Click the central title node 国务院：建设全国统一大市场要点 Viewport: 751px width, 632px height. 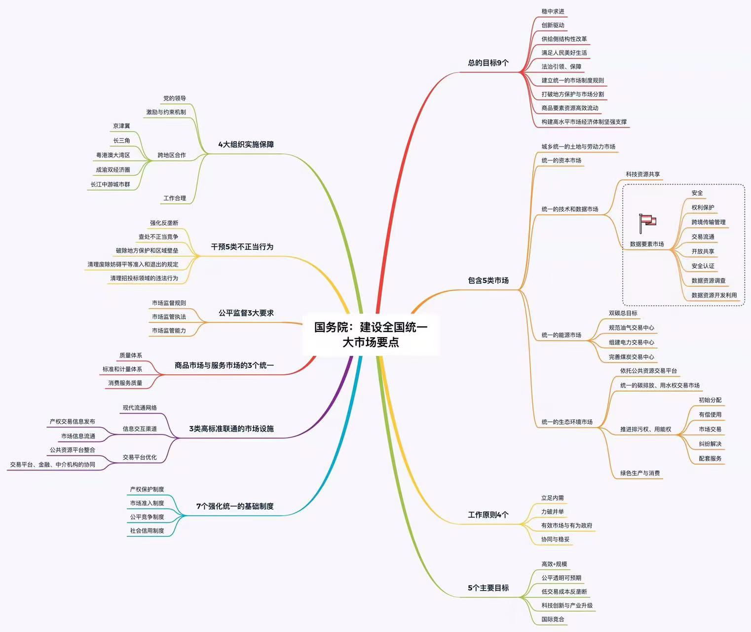(371, 334)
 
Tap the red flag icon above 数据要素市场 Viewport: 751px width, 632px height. (647, 223)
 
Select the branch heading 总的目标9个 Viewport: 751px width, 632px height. (488, 63)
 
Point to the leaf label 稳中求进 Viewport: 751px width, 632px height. (553, 11)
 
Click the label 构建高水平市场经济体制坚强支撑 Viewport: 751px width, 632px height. (584, 121)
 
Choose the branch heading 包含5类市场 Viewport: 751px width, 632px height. (488, 280)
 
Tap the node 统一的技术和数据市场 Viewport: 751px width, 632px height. (570, 209)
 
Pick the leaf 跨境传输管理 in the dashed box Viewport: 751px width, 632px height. (708, 222)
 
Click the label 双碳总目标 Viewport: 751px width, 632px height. (623, 313)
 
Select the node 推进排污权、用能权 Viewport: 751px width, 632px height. (645, 429)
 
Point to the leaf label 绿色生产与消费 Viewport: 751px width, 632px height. (640, 473)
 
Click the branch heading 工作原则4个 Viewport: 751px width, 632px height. (488, 514)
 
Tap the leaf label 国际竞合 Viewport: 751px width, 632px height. (553, 619)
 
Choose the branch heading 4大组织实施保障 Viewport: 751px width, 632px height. (246, 144)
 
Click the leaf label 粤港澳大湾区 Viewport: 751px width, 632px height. (113, 155)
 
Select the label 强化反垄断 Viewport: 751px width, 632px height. (164, 223)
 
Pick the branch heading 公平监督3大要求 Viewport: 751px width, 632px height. (246, 313)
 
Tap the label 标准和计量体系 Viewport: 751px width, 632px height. (122, 369)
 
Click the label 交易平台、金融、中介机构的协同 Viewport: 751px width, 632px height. (52, 464)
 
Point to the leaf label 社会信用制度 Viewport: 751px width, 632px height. (147, 530)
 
